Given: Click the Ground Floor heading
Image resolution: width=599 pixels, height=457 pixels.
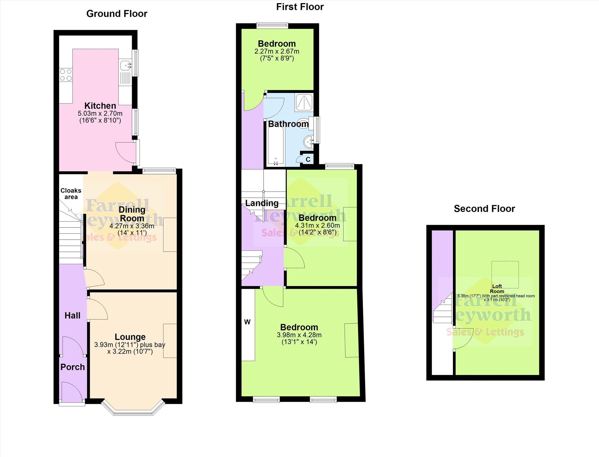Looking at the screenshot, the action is pyautogui.click(x=117, y=14).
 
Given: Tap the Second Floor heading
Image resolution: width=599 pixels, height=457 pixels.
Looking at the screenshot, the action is pyautogui.click(x=484, y=209).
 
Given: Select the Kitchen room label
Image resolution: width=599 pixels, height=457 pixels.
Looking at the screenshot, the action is pyautogui.click(x=100, y=105).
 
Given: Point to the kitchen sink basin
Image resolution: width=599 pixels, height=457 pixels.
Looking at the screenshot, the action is pyautogui.click(x=125, y=65).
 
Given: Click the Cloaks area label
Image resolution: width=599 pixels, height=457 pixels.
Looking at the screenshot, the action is pyautogui.click(x=71, y=194).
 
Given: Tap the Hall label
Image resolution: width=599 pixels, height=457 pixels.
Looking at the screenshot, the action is pyautogui.click(x=72, y=316).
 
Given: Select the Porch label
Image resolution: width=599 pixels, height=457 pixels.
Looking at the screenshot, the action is pyautogui.click(x=72, y=367).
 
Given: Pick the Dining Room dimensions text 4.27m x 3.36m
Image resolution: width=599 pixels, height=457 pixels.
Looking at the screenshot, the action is pyautogui.click(x=132, y=226).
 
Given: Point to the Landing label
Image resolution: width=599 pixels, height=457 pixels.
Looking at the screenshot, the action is pyautogui.click(x=262, y=203).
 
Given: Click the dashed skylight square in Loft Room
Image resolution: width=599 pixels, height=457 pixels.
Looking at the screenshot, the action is pyautogui.click(x=505, y=275).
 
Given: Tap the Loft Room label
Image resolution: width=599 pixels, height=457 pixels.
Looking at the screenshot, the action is pyautogui.click(x=497, y=289).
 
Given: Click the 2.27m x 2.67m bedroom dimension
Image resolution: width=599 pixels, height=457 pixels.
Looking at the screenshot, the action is pyautogui.click(x=277, y=51).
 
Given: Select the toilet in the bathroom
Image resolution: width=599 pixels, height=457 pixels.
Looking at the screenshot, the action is pyautogui.click(x=303, y=124).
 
